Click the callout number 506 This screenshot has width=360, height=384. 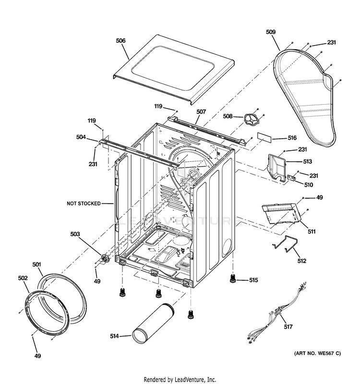coord(121,40)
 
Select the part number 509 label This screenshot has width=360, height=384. coord(271,32)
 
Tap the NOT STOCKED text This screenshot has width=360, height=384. coord(84,204)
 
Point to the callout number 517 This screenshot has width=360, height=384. coord(288,326)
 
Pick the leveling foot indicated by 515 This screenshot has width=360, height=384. coord(233,278)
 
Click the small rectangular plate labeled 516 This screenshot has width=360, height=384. coord(264,138)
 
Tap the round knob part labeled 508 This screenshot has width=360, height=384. coord(250,119)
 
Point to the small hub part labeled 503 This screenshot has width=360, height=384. coord(105,258)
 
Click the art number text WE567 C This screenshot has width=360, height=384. coord(329,353)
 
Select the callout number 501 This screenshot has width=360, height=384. coord(37,264)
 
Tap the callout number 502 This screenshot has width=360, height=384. coord(23,278)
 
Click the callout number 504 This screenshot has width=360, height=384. coord(81,137)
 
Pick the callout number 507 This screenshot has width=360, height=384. coord(201,112)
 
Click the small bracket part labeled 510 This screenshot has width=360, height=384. coord(291,178)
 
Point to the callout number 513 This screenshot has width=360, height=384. coord(308,161)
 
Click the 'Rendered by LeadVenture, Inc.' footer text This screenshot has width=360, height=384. coord(180,380)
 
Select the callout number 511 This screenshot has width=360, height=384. coord(312,231)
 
